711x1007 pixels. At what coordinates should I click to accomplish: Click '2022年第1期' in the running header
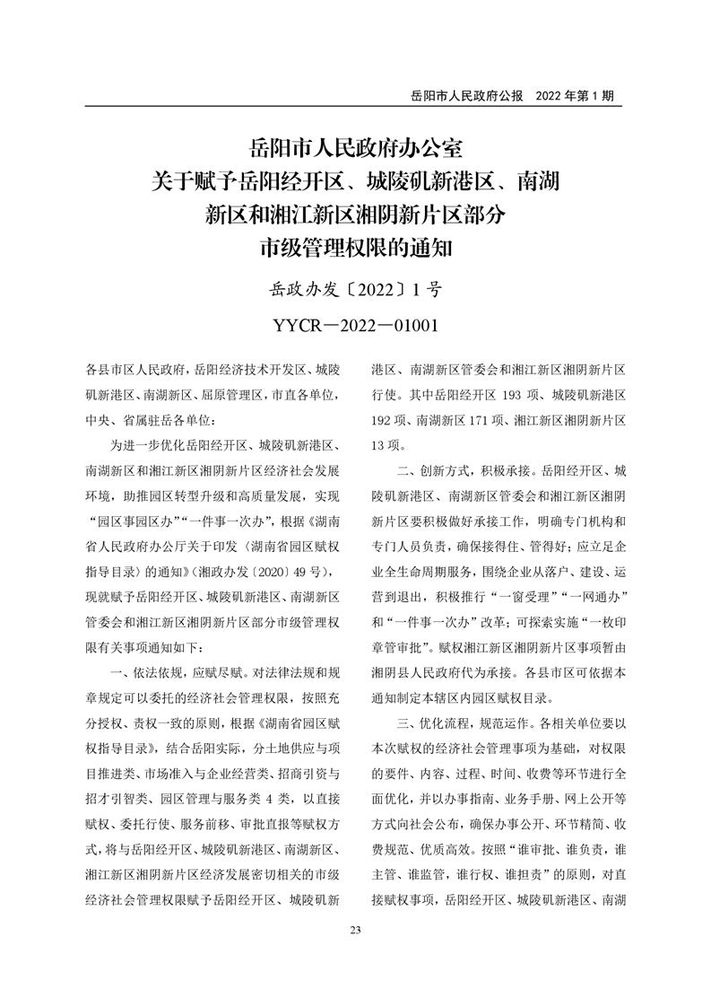click(574, 95)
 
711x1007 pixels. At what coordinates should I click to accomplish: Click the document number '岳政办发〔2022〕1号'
click(356, 290)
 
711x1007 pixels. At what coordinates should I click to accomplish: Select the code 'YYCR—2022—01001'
click(356, 324)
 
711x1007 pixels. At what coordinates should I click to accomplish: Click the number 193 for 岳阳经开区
click(513, 395)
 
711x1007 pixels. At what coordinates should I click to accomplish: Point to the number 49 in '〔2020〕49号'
click(297, 572)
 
